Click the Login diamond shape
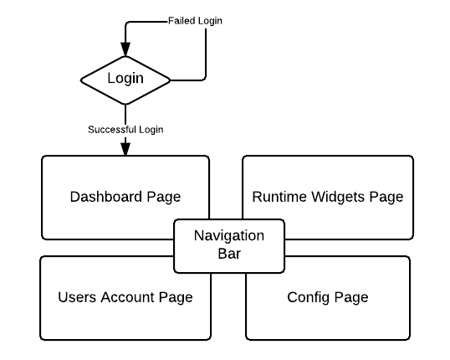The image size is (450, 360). [x=125, y=80]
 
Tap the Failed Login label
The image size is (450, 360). [x=195, y=21]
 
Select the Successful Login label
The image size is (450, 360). [x=125, y=130]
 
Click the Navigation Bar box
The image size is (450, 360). [x=229, y=246]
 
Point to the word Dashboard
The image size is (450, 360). [x=106, y=197]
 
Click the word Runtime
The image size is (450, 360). [x=279, y=197]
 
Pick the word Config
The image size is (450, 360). [x=309, y=297]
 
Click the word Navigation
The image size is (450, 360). [x=229, y=236]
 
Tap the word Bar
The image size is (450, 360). [x=229, y=254]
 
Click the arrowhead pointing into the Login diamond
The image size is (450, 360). [x=125, y=49]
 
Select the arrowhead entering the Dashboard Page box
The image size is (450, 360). [x=125, y=149]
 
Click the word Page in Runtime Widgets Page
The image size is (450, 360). [x=386, y=197]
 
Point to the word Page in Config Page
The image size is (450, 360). [x=351, y=297]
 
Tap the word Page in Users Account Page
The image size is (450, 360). [x=176, y=297]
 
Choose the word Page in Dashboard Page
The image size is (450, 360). [x=164, y=197]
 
